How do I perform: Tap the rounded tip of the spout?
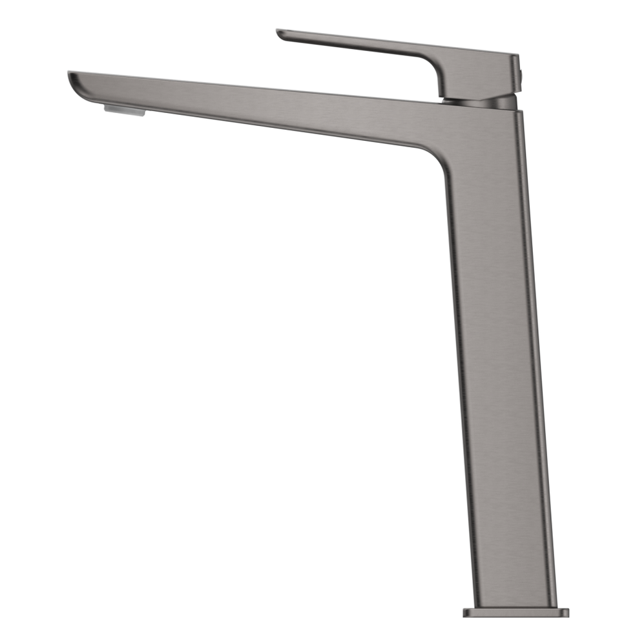click(x=71, y=79)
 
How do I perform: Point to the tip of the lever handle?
click(x=280, y=32)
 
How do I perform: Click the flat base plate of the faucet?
click(x=515, y=612)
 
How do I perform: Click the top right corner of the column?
click(x=520, y=112)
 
